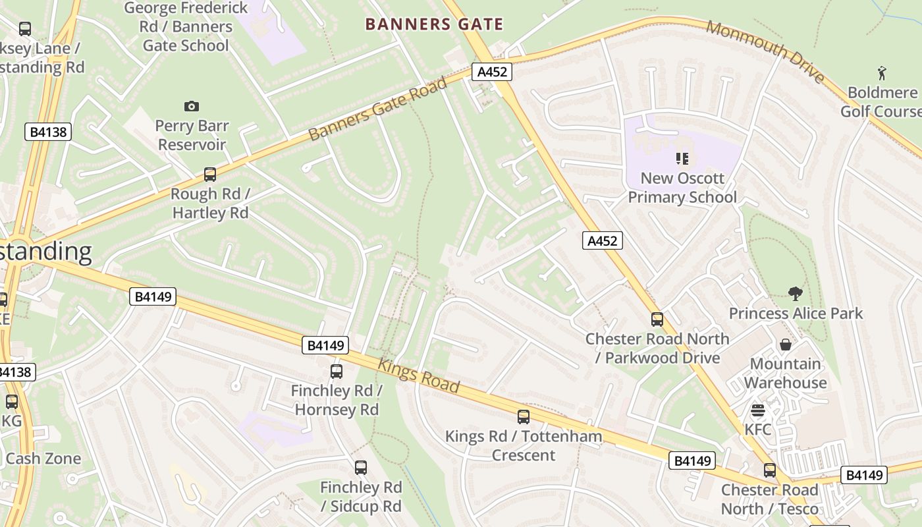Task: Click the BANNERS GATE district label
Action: click(434, 24)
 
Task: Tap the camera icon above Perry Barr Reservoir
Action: click(192, 106)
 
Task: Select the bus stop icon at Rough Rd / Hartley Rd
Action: click(210, 175)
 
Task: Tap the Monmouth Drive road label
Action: click(766, 51)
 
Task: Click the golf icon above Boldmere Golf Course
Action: click(882, 72)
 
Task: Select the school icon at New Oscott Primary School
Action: click(682, 158)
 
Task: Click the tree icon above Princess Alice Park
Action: click(796, 294)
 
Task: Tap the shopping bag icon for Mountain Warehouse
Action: click(786, 345)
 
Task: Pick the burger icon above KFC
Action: click(757, 411)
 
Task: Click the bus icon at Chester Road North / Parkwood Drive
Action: click(657, 319)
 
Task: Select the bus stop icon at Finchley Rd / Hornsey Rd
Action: click(337, 372)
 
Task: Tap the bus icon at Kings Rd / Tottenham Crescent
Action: click(524, 417)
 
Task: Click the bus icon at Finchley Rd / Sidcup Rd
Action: click(361, 468)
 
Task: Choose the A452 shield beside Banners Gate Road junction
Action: click(492, 72)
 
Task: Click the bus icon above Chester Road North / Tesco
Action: click(770, 470)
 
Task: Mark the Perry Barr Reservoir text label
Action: click(192, 135)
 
